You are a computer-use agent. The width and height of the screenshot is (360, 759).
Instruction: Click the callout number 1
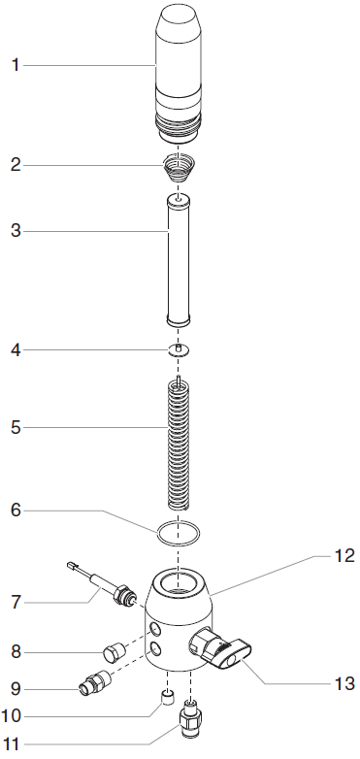(15, 65)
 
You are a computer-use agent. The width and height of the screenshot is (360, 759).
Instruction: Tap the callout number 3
(15, 232)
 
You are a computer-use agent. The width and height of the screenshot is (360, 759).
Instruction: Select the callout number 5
(15, 426)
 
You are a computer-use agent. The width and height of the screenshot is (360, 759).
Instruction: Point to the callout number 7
(15, 603)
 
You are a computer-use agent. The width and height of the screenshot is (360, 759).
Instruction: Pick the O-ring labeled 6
(180, 532)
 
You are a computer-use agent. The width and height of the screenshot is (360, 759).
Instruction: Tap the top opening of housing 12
(180, 584)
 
